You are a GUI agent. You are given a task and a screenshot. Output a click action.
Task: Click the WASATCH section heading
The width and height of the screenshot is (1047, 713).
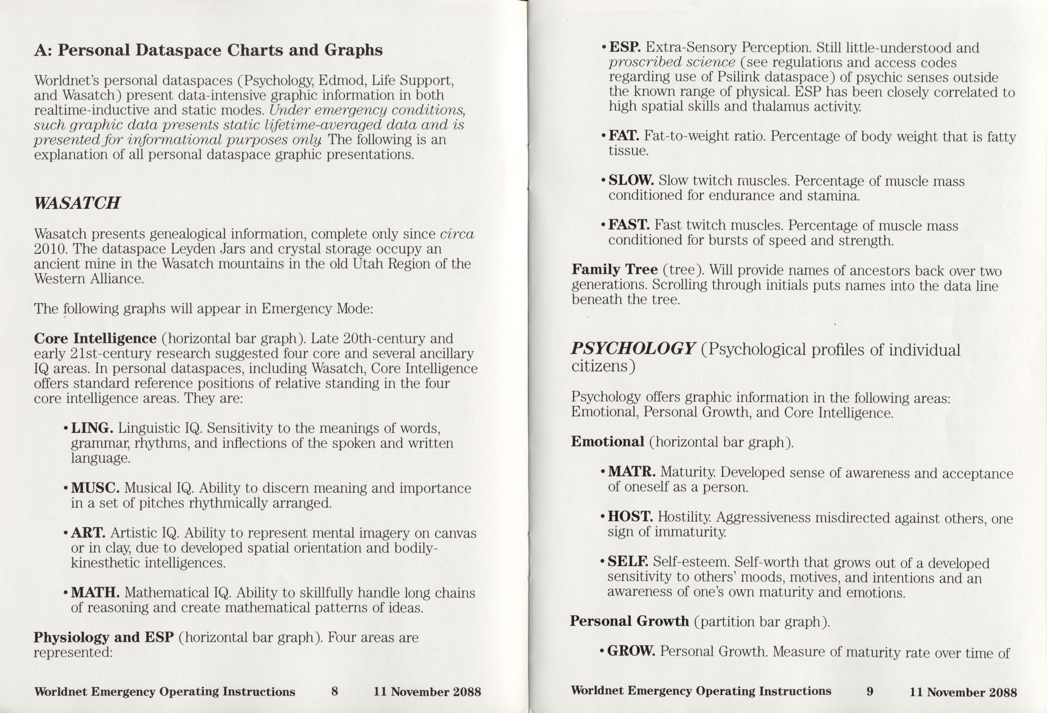(77, 203)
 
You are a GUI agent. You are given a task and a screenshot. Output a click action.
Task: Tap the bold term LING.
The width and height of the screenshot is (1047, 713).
(92, 428)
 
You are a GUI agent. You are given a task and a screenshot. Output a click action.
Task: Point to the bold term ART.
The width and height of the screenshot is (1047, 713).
(88, 533)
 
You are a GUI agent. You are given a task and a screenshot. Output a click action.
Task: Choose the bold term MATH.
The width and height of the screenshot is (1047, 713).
(95, 593)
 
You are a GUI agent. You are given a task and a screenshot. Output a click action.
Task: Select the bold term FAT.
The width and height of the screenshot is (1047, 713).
(623, 136)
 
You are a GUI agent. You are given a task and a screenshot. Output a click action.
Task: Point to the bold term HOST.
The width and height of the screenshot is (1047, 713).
(630, 517)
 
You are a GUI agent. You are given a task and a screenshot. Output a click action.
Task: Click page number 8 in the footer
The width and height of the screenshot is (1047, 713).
(334, 691)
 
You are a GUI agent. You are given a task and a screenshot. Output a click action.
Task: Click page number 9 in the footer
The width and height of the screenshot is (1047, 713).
(870, 691)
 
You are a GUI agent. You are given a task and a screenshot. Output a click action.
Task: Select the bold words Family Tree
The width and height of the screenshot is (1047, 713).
(614, 269)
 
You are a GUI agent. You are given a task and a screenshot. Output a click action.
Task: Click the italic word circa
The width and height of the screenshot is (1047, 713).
(457, 234)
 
